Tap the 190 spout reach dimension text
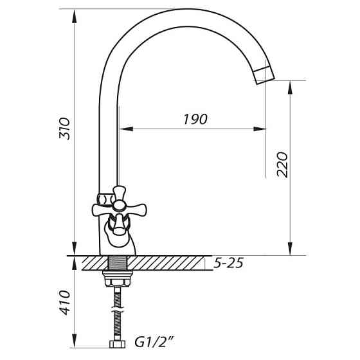tap(194, 119)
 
